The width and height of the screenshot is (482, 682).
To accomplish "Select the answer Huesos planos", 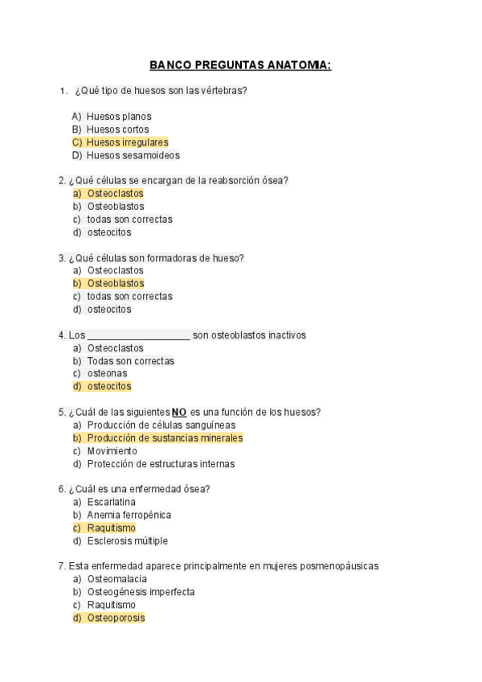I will point(119,117).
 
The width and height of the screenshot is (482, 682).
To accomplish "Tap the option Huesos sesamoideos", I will point(133,155).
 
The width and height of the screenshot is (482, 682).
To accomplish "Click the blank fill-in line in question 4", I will point(138,335).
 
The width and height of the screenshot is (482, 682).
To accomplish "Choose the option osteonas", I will point(107,374).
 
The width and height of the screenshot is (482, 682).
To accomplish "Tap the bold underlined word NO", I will point(179,413).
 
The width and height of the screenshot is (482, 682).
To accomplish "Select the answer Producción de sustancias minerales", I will point(165,438).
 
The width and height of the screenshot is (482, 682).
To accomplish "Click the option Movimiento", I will point(112,451).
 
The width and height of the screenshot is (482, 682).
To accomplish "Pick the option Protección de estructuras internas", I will point(161,464).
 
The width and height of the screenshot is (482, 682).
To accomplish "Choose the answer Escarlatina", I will point(111,503).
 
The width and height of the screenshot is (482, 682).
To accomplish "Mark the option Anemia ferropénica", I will point(129,516).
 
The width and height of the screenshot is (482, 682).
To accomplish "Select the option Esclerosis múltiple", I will point(127,541).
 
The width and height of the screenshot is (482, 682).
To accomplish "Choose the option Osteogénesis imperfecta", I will point(141,593).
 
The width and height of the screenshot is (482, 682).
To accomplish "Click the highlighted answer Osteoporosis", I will point(116,618).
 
